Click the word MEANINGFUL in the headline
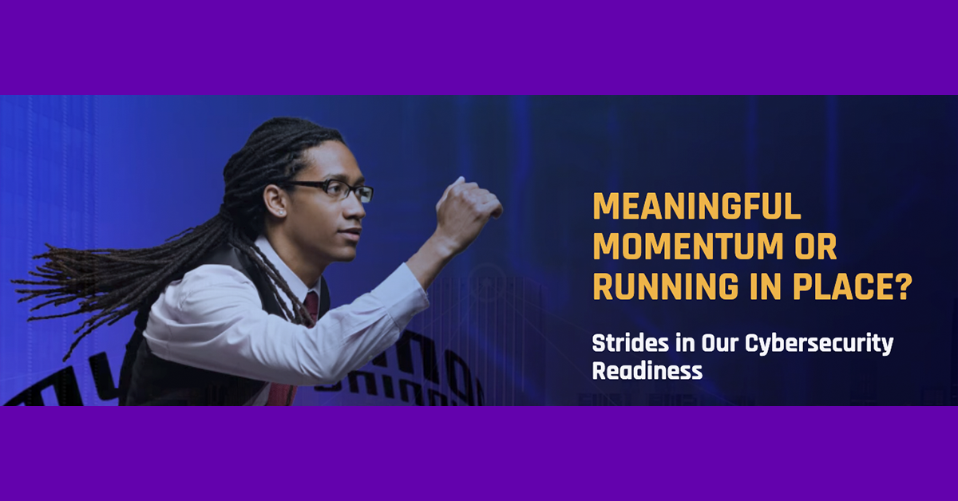(697, 207)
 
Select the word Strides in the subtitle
(631, 343)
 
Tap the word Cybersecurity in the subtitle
(819, 345)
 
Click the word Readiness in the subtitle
(647, 371)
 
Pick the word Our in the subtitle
(720, 343)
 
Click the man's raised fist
(469, 210)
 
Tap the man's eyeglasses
(329, 190)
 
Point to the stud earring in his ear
(281, 211)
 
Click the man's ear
(275, 201)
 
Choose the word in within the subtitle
(685, 343)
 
